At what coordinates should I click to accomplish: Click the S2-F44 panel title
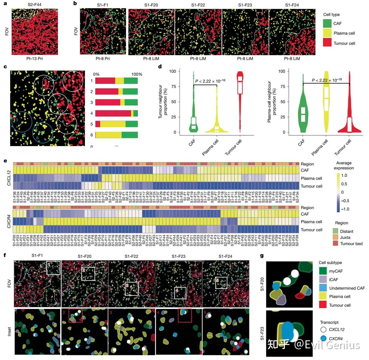34,5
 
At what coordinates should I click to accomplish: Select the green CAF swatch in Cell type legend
327,23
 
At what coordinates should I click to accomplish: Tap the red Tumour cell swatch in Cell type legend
327,43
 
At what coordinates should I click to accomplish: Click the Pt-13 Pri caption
34,58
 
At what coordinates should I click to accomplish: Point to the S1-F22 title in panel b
198,5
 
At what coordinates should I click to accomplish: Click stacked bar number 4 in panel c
116,113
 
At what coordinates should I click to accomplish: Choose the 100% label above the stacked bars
137,74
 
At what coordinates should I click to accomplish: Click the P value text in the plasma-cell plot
327,80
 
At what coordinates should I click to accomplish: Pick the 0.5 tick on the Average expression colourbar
344,184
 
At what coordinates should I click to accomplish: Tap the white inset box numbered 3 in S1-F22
132,289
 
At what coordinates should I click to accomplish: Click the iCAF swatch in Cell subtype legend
323,279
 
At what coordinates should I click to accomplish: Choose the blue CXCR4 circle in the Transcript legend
323,338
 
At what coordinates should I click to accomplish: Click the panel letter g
262,256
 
